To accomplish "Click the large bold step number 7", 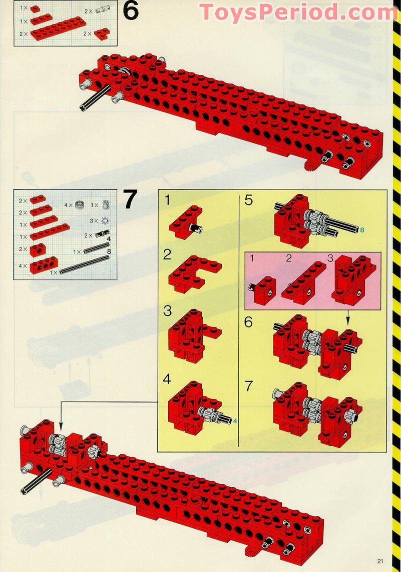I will coord(130,199).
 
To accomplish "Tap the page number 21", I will coord(381,561).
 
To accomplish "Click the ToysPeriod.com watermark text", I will coord(298,12).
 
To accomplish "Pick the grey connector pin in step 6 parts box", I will coord(102,10).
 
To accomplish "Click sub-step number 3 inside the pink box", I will coord(329,258).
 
